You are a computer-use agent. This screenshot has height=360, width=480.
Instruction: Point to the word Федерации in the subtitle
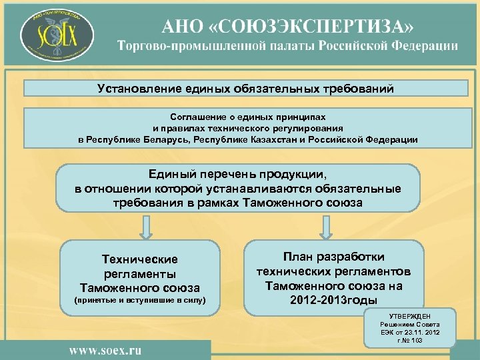[420, 47]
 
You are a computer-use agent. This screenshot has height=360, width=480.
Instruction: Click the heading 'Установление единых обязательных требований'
[245, 88]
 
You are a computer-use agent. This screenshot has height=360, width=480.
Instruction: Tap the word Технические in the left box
[139, 259]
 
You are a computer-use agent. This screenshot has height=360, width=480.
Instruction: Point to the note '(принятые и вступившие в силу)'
[139, 302]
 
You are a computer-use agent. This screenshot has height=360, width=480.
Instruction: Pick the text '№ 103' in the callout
[414, 341]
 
